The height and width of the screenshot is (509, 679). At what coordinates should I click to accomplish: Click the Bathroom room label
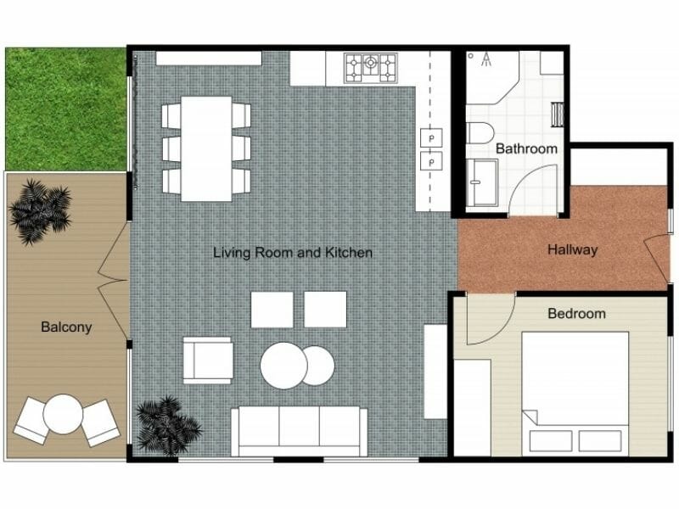point(526,148)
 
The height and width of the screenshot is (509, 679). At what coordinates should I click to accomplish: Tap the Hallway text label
point(572,250)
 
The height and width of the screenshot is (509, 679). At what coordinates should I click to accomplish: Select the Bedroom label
point(576,314)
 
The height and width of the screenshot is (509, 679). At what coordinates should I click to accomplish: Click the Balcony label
point(66,327)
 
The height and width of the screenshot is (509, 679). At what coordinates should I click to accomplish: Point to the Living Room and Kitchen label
point(292,253)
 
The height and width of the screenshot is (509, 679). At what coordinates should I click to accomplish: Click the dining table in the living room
point(206,148)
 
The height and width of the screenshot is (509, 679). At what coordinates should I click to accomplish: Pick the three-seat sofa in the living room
point(300,431)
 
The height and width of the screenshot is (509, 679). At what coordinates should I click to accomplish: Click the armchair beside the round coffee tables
point(207,360)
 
